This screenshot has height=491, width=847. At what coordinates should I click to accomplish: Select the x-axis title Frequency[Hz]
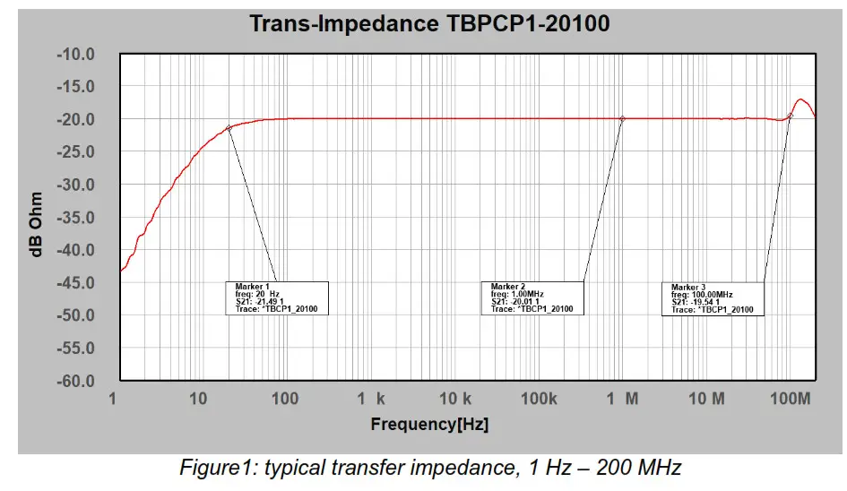[430, 424]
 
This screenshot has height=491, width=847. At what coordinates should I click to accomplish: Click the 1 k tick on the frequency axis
[370, 399]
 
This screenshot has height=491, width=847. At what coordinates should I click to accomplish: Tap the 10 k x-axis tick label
[455, 399]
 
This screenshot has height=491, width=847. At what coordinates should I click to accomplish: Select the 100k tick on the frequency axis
[540, 399]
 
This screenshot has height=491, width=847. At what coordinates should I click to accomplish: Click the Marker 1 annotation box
[277, 297]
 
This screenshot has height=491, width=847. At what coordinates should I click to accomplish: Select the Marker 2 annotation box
[532, 297]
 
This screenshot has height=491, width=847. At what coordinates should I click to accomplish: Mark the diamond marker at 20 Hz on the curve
[229, 128]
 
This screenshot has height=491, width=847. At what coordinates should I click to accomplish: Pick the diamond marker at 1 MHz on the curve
[622, 118]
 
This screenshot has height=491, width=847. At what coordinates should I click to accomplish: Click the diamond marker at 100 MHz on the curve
[791, 116]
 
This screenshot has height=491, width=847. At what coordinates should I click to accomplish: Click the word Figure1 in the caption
[212, 468]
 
